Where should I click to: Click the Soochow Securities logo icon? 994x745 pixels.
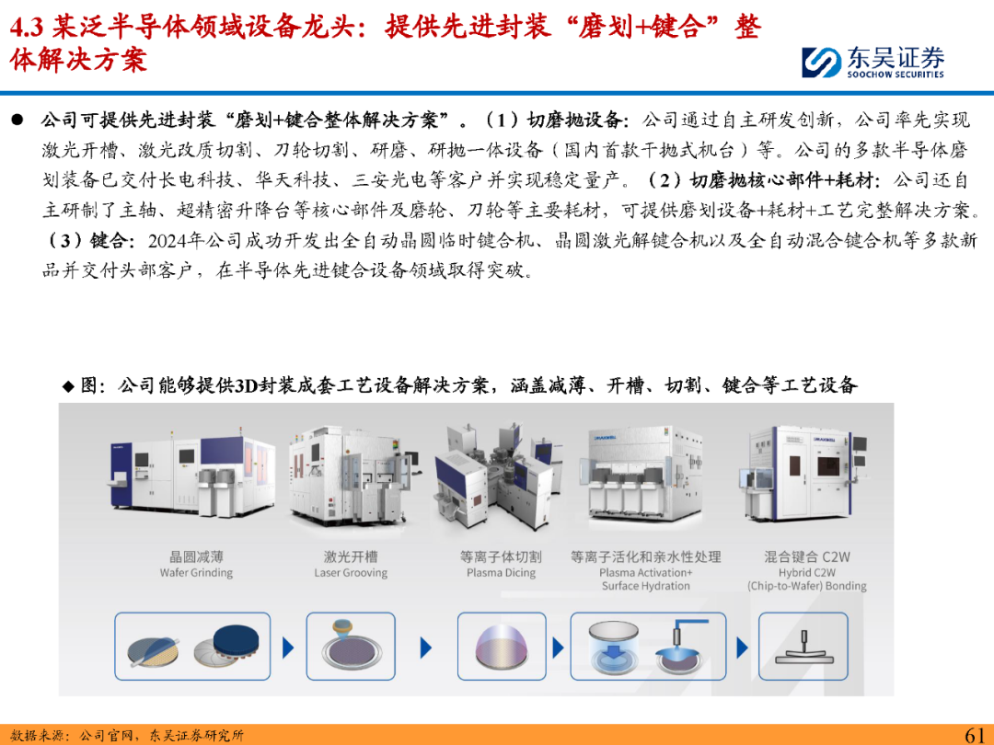[x=822, y=63]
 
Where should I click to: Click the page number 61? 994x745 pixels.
[x=975, y=735]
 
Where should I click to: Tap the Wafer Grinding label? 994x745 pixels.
[x=197, y=573]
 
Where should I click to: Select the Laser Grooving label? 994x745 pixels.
[x=351, y=573]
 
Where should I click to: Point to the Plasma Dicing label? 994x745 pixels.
[x=501, y=573]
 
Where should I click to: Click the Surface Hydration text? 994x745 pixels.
[x=646, y=586]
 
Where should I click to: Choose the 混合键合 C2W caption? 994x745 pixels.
[x=807, y=556]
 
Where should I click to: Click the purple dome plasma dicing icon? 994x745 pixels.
[x=502, y=648]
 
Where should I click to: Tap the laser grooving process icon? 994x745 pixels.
[x=351, y=647]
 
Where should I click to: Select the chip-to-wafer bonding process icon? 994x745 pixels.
[x=803, y=647]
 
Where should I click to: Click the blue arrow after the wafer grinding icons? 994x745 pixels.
[x=288, y=648]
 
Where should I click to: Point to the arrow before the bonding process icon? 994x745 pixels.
[x=742, y=648]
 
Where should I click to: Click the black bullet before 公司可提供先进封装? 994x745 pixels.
[x=17, y=119]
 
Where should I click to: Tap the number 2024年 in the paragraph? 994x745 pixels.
[x=176, y=240]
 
